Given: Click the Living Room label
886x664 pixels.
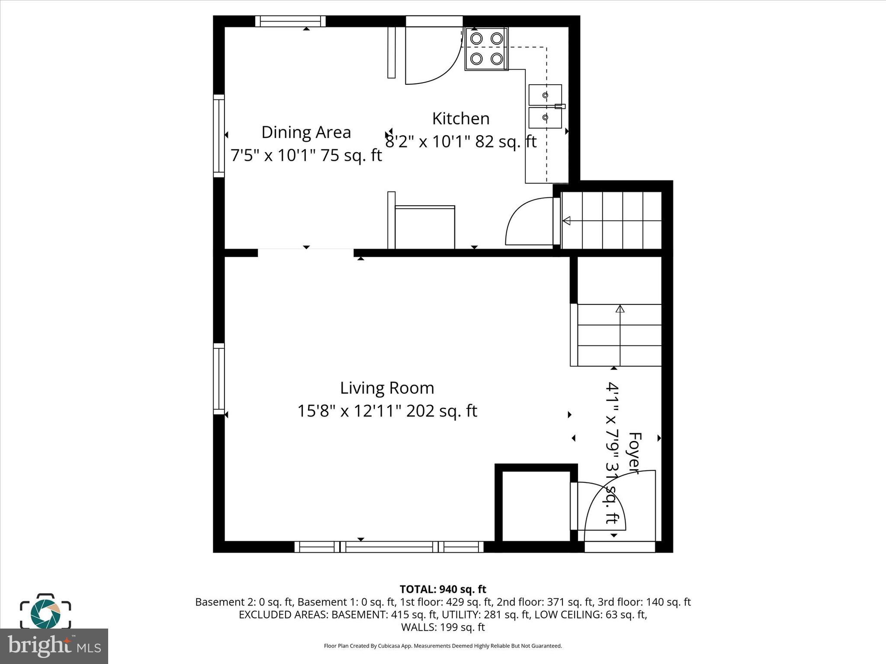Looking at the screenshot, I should (x=387, y=388).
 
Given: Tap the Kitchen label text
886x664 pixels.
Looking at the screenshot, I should (x=461, y=118).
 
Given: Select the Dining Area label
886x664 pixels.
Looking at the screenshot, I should (x=306, y=132).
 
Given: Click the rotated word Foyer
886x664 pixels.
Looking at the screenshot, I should (x=634, y=453).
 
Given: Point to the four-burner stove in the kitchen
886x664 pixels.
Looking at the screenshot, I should (x=486, y=48).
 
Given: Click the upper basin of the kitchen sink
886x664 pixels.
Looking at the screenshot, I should (x=545, y=95).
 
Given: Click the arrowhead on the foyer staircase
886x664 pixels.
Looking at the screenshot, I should (x=620, y=309).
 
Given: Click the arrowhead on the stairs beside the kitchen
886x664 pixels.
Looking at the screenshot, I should (x=566, y=221).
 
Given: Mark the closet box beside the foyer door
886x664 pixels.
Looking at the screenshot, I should (x=536, y=506).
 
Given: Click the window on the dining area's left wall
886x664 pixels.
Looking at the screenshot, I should (x=219, y=136).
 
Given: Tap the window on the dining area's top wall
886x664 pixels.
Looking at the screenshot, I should (x=290, y=21).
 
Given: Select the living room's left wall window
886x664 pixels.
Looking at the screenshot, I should (x=219, y=379).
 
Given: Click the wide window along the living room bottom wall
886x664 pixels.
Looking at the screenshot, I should (x=389, y=547).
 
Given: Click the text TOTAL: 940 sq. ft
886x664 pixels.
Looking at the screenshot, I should (x=443, y=589).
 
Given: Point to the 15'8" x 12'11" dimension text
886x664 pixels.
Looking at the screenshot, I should (x=387, y=411).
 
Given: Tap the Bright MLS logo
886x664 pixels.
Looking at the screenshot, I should (x=54, y=646).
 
